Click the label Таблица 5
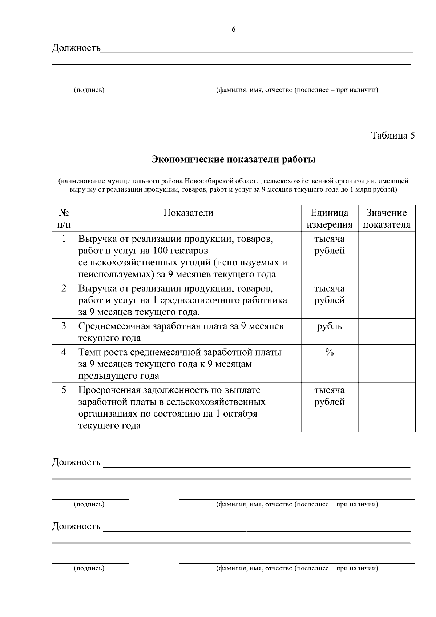click(x=392, y=136)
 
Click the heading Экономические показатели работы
click(x=233, y=159)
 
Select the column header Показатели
click(x=188, y=213)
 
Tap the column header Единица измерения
click(x=329, y=219)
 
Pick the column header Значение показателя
click(x=386, y=219)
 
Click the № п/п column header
click(x=64, y=219)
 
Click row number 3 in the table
click(x=64, y=326)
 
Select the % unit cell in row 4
click(x=329, y=352)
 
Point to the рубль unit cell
click(x=329, y=326)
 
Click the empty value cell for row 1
click(x=386, y=256)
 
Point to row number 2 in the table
click(x=64, y=288)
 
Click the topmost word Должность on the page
click(x=76, y=48)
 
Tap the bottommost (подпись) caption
click(x=89, y=568)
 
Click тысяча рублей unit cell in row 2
click(x=329, y=294)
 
